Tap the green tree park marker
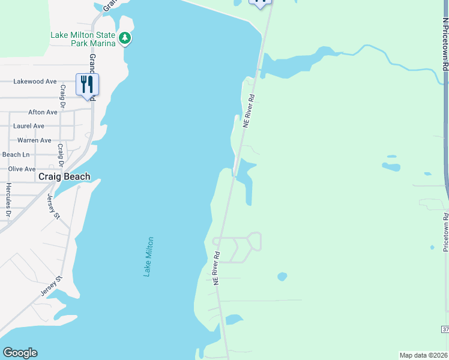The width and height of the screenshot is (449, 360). coord(125,38)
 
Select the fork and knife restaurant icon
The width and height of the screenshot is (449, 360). coord(87,84)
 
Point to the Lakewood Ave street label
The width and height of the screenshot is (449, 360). coord(35,82)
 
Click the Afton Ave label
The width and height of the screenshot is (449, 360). coord(43,112)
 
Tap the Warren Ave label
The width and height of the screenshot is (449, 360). coord(34,140)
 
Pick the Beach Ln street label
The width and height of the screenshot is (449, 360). coord(16,155)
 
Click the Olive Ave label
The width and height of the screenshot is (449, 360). coord(22,169)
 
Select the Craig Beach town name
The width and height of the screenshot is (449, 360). coord(64,176)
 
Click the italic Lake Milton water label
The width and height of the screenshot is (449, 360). coord(148,256)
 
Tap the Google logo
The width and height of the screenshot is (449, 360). coord(20,353)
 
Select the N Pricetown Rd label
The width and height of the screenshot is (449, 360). coord(445,44)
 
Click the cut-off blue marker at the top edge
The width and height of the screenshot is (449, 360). coord(260,3)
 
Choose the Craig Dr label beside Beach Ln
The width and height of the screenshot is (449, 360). coord(60,155)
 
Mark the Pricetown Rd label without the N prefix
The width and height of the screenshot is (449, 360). coord(445,232)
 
